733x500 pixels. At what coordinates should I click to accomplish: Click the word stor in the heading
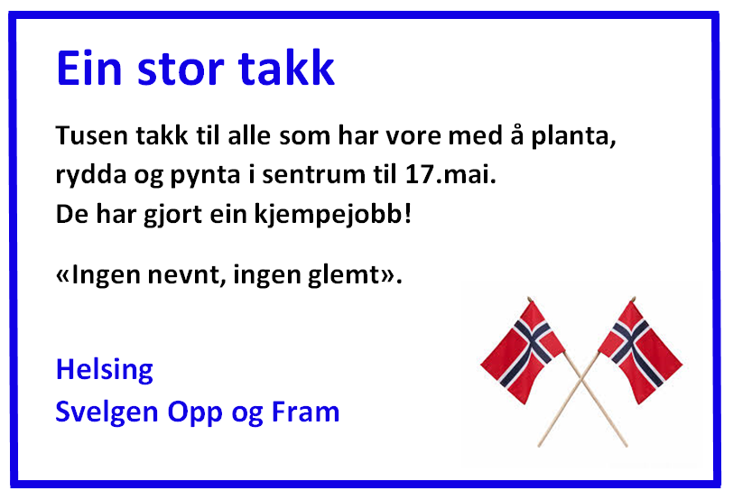pos(181,69)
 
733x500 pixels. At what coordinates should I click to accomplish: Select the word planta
pos(573,137)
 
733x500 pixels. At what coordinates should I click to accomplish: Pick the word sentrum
pos(313,175)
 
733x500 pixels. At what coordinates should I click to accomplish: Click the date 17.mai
pos(450,174)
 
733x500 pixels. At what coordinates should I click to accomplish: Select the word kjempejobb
pos(329,216)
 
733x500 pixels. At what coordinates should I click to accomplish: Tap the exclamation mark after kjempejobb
pos(408,214)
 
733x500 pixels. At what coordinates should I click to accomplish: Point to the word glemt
pos(344,275)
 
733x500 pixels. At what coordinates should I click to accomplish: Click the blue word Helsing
pos(104,371)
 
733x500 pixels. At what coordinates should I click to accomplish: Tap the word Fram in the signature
pos(305,412)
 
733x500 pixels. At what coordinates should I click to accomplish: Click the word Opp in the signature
pos(195,413)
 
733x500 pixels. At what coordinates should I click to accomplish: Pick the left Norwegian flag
pos(523,351)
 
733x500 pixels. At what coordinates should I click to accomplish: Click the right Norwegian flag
pos(640,351)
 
